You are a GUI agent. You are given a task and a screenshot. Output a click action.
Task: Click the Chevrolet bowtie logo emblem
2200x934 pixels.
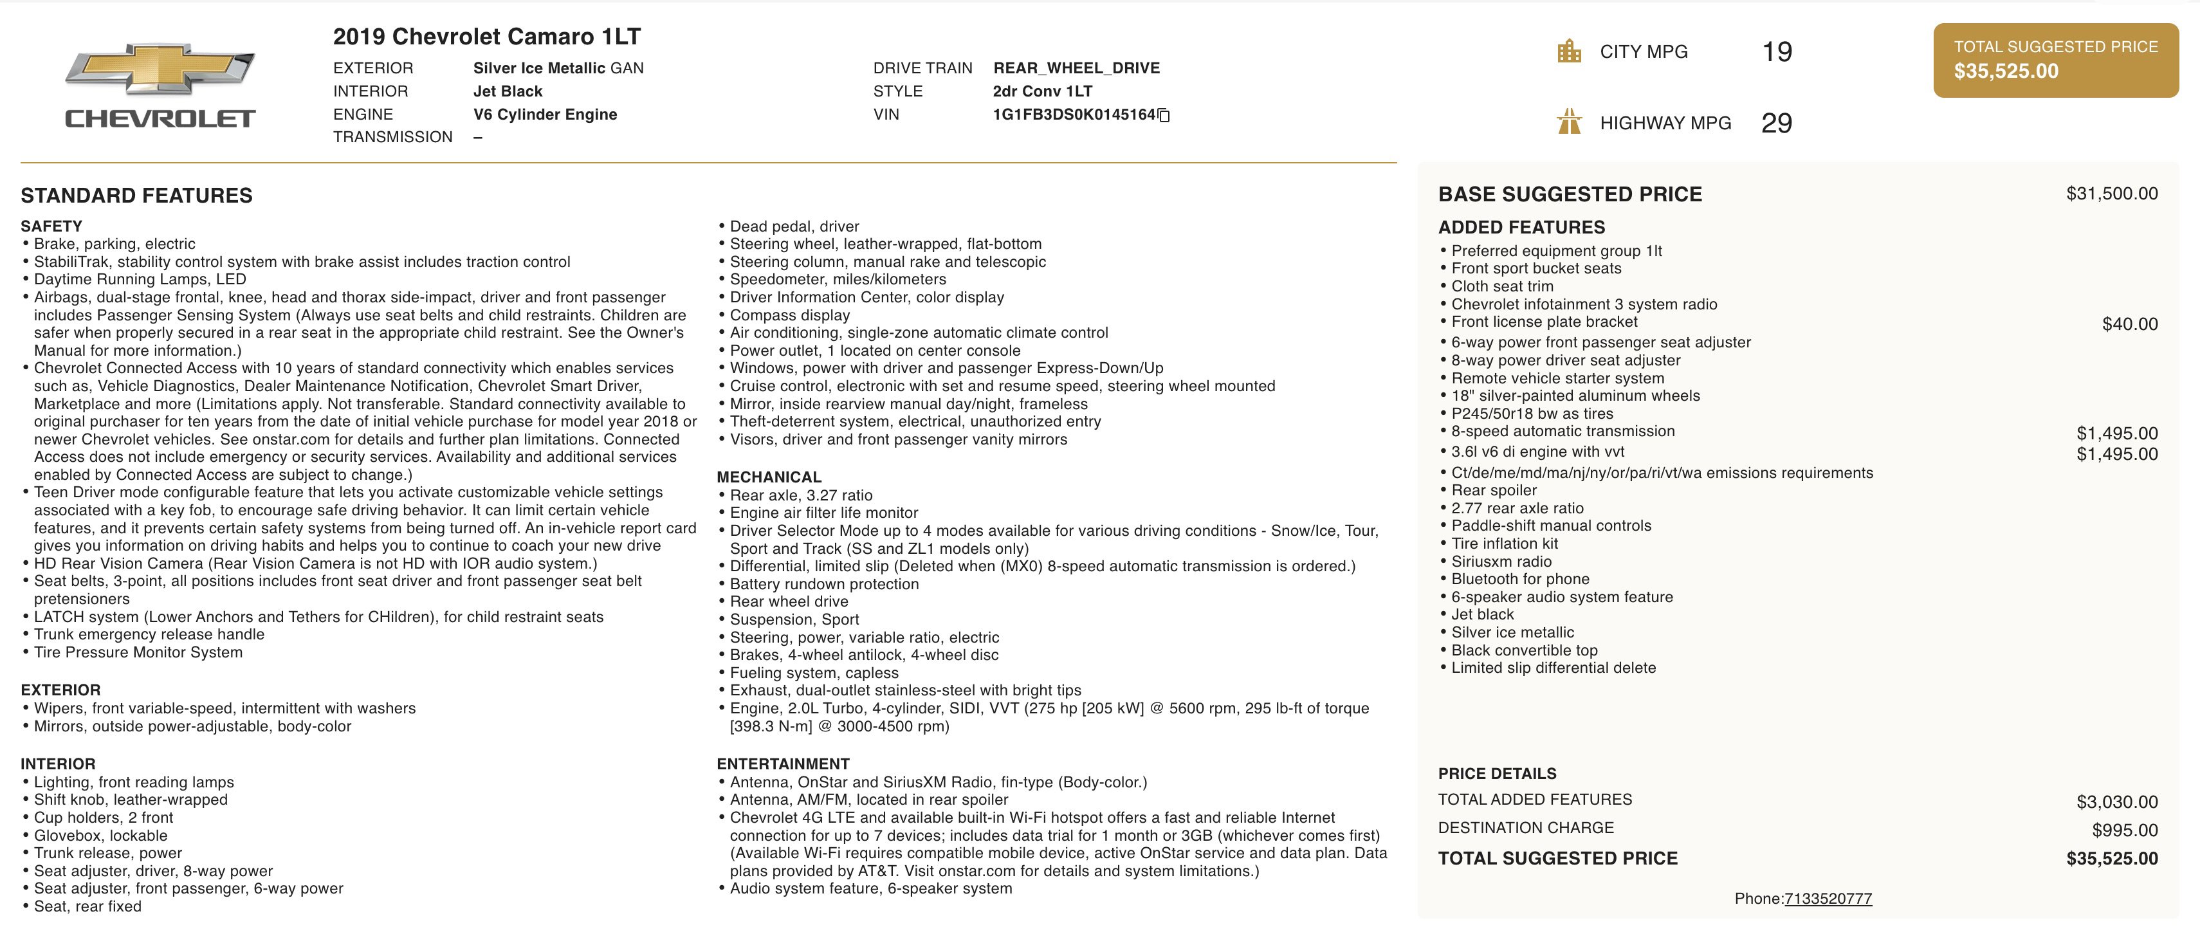pos(160,68)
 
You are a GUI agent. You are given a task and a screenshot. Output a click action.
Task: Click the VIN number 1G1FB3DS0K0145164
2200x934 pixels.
pos(1074,114)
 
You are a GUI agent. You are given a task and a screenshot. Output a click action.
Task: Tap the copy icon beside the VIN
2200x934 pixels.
pos(1163,115)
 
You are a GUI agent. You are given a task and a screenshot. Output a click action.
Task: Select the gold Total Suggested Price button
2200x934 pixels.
pos(2056,60)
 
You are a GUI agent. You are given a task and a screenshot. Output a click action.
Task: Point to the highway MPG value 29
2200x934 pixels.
pos(1776,123)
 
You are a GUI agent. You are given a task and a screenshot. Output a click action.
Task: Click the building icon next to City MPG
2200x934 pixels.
pos(1569,51)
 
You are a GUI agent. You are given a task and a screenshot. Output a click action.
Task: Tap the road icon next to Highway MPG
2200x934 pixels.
pos(1569,122)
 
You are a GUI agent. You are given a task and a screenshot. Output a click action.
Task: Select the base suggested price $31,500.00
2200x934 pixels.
pos(2111,194)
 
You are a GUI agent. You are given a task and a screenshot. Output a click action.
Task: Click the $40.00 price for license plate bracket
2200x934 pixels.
pos(2129,324)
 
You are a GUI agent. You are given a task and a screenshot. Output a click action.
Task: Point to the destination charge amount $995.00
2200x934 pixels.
pos(2124,830)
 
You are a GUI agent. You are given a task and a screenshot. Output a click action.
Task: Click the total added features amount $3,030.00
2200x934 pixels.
pos(2116,801)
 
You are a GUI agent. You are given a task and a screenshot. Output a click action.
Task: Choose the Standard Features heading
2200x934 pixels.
pos(136,196)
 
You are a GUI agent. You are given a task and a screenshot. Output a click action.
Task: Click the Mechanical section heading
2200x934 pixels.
pos(769,477)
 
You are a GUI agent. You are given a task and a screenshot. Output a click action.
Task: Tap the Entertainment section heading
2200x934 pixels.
pos(782,764)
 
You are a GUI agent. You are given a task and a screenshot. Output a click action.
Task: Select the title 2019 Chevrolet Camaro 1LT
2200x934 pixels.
pos(487,37)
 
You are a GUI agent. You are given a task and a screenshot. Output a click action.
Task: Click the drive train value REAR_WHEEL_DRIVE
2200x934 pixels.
pos(1076,68)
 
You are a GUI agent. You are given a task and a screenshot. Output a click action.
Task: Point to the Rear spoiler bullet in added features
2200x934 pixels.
pos(1494,490)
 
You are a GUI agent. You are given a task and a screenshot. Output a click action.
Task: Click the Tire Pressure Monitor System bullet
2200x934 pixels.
pos(138,652)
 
